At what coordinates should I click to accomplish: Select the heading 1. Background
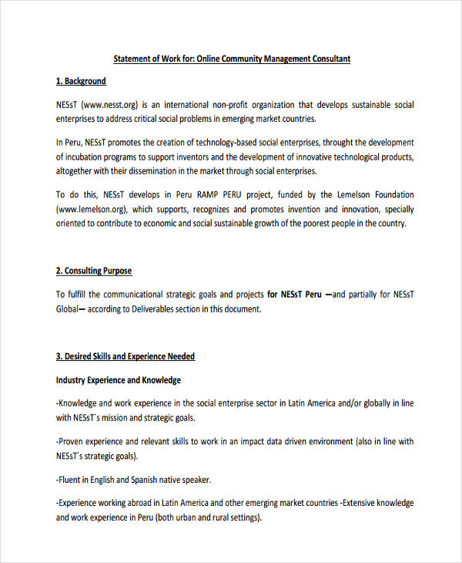[x=81, y=81]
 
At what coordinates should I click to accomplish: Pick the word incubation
[x=87, y=157]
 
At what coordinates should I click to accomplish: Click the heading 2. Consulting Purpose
[x=94, y=271]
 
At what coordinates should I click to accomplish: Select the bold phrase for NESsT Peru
[x=295, y=295]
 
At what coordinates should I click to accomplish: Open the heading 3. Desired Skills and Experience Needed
[x=126, y=356]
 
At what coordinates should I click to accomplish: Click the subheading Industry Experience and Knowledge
[x=119, y=380]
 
